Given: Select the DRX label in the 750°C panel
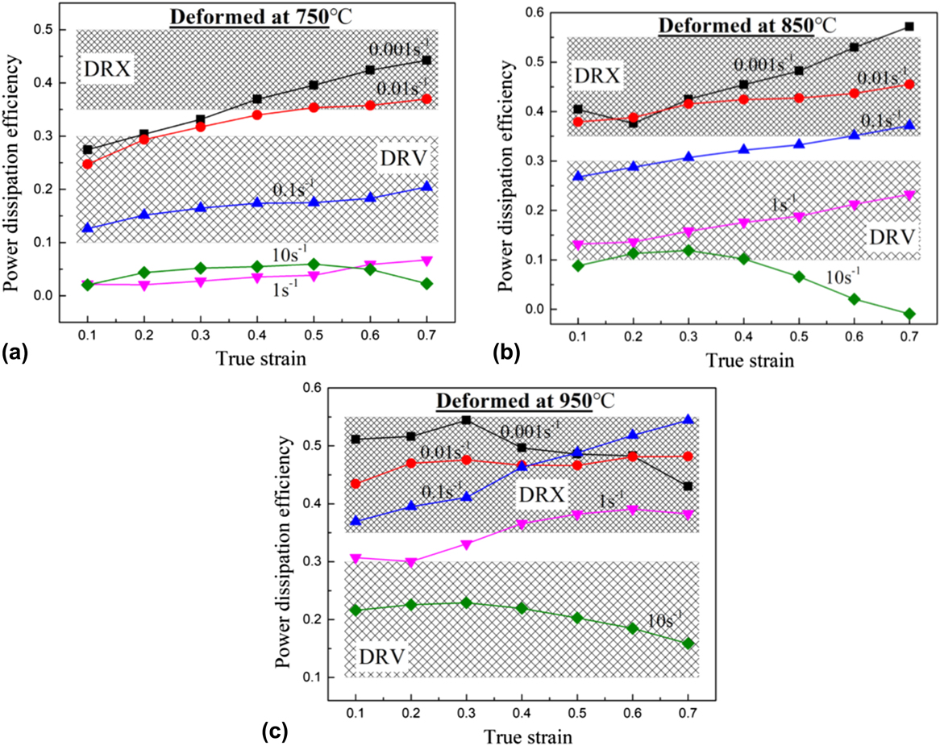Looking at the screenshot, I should click(107, 69).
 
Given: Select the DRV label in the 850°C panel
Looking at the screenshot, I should click(893, 237).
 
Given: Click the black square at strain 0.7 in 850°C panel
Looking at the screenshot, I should click(909, 27).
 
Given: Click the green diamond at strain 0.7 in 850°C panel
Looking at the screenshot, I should click(909, 314).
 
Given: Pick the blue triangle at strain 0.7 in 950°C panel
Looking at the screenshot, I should click(688, 419).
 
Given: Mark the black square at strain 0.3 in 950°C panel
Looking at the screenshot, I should click(466, 419).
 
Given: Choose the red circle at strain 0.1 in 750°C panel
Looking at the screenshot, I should click(87, 164).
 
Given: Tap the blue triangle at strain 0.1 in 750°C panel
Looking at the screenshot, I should click(87, 228).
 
